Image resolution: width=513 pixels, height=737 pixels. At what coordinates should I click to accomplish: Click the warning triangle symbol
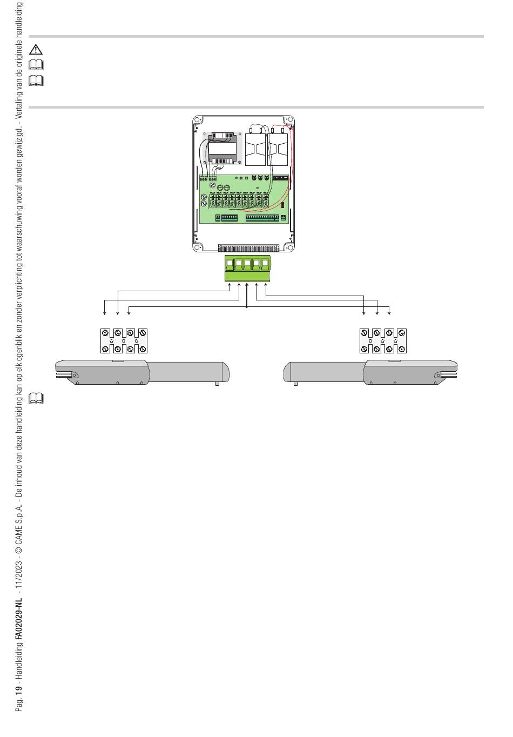pos(36,50)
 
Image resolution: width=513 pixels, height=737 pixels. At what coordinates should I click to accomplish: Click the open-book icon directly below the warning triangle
pos(36,65)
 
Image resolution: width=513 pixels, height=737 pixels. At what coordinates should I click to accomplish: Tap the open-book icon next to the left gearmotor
pos(36,398)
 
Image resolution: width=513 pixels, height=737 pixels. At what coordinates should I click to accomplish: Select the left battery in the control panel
pos(255,149)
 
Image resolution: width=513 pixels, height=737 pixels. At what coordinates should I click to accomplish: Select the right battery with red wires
pos(278,149)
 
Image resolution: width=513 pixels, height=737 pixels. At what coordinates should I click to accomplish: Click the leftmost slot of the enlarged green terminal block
pos(230,264)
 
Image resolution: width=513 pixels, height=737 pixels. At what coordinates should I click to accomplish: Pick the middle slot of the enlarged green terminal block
pos(247,264)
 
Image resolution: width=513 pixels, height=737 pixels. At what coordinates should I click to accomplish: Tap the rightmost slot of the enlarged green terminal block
pos(265,264)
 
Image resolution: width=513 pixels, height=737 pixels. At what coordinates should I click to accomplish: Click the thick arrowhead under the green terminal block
pos(247,284)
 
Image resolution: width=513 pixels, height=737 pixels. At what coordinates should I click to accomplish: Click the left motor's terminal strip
pos(124,341)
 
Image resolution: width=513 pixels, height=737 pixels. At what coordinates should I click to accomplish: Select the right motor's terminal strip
pos(383,341)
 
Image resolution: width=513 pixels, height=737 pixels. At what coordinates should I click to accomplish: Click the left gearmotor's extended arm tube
pos(189,372)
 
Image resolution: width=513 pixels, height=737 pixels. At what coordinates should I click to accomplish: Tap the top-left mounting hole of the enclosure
pos(197,120)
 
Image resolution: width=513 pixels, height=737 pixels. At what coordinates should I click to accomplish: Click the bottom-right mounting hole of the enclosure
pos(289,247)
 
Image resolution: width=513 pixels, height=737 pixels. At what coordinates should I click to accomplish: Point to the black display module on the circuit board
pos(280,178)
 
